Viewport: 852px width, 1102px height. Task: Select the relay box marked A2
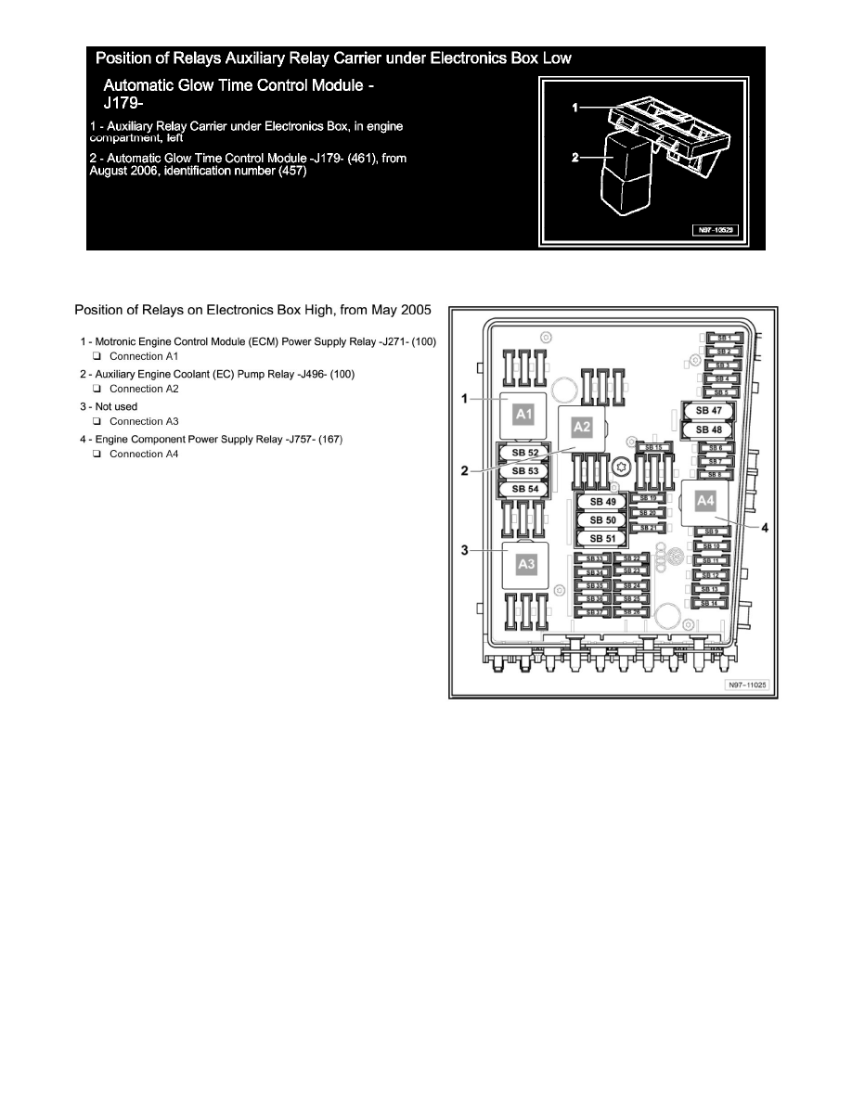pos(582,428)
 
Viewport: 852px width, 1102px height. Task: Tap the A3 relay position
pos(526,563)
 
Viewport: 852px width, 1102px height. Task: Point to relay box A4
pos(705,501)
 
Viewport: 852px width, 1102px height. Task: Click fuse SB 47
pos(708,410)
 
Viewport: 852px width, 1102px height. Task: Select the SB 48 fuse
pos(708,429)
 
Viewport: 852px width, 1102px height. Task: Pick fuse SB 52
pos(525,453)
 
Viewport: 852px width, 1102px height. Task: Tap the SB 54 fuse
pos(525,489)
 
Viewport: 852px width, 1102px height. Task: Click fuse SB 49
pos(602,503)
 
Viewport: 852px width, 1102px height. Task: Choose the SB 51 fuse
pos(602,539)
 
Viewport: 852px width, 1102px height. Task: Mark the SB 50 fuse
pos(602,520)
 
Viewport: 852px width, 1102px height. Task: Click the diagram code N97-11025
pos(748,686)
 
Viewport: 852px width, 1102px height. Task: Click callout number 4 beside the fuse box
pos(766,528)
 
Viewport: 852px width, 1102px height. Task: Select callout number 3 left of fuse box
pos(464,550)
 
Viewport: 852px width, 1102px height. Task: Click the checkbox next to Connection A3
pos(96,421)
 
